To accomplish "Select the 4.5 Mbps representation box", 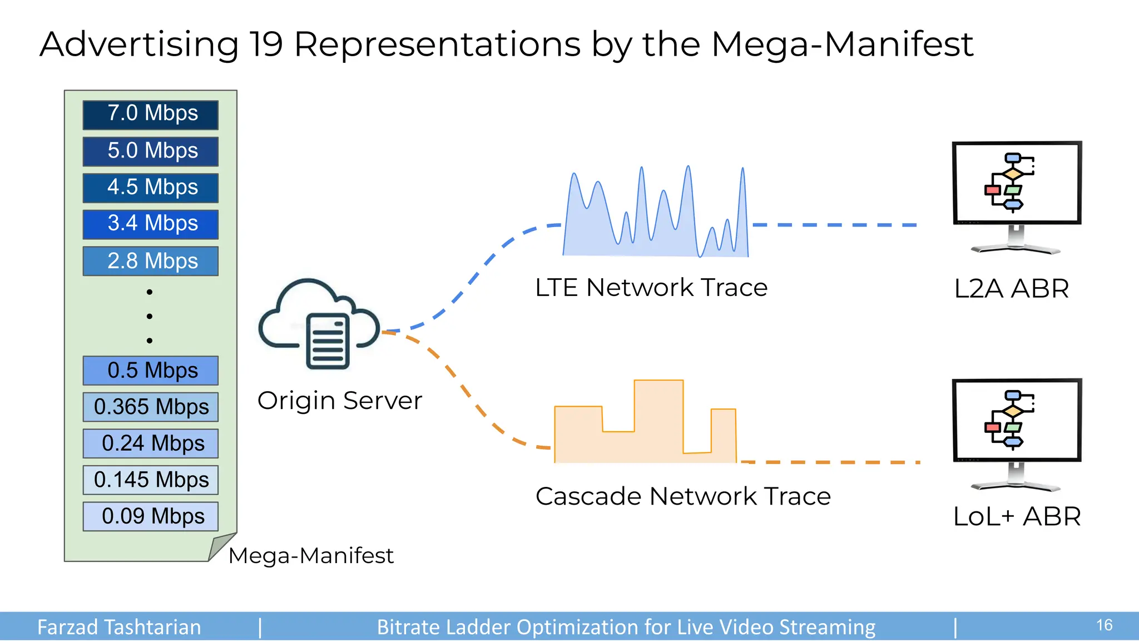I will (x=150, y=188).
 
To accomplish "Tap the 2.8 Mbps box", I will (x=150, y=261).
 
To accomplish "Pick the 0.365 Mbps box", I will (x=150, y=407).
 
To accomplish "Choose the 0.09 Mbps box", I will (x=150, y=516).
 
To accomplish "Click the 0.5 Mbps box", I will (x=150, y=371).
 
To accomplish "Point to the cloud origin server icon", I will (x=319, y=326).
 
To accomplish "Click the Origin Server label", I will (x=339, y=401).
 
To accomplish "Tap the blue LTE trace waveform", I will (x=656, y=223).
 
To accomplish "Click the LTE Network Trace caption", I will (x=651, y=288).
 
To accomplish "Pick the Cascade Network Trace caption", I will (x=682, y=496).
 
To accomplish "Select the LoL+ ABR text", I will (x=1016, y=516).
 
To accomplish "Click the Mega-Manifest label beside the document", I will (x=310, y=555).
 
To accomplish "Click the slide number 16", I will (x=1104, y=625).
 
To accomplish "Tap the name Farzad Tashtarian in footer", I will (x=118, y=627).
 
